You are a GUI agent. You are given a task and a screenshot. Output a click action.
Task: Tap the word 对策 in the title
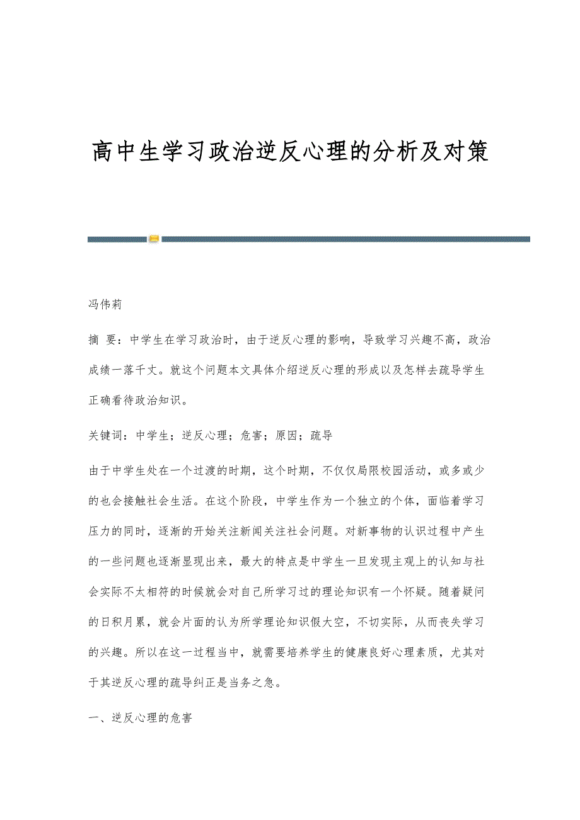pyautogui.click(x=467, y=152)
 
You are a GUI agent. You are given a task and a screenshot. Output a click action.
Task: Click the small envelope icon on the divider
pyautogui.click(x=154, y=239)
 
